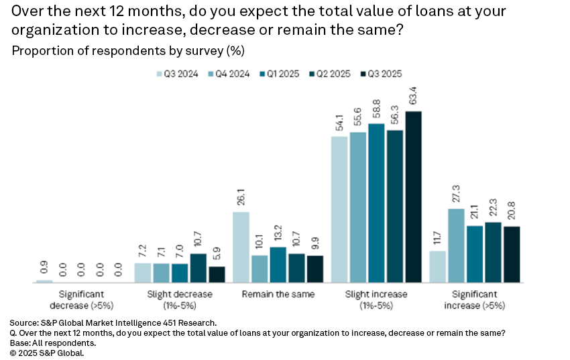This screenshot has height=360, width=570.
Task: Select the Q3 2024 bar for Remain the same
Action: click(241, 247)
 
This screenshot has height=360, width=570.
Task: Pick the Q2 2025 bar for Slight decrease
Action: click(198, 268)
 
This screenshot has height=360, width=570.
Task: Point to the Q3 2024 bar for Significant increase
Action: click(438, 267)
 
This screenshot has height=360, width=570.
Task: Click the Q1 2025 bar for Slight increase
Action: click(376, 203)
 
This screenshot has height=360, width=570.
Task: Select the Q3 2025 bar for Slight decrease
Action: click(217, 275)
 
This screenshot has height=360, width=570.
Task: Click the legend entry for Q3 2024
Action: click(177, 74)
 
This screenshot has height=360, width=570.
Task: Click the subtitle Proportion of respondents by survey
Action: click(128, 51)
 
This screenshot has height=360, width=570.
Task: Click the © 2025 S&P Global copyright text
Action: click(46, 353)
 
